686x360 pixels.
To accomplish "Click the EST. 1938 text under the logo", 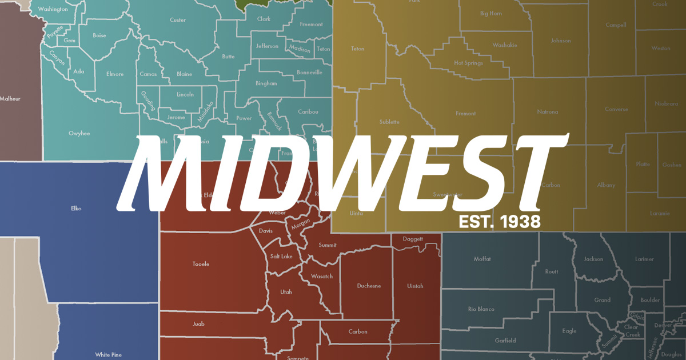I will click(x=499, y=221).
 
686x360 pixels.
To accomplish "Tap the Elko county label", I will click(x=76, y=209).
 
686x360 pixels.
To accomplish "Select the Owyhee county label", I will click(x=79, y=133).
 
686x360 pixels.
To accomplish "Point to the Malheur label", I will click(x=10, y=99).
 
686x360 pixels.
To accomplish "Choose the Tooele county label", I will click(x=201, y=264).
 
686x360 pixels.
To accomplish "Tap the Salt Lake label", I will click(x=281, y=257).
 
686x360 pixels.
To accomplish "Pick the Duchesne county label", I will click(x=369, y=286).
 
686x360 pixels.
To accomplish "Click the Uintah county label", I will click(x=415, y=286).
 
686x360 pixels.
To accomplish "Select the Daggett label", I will click(x=413, y=239).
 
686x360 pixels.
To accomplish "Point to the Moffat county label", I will click(x=482, y=259).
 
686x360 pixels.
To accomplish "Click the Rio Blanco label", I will click(x=480, y=309).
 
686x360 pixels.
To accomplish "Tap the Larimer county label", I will click(x=644, y=259).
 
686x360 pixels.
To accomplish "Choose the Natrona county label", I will click(x=547, y=111).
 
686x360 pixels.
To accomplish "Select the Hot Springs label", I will click(x=468, y=63).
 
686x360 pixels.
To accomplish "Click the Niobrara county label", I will click(x=666, y=104).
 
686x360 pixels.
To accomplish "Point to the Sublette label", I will click(x=389, y=122).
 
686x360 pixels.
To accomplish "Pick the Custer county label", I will click(x=178, y=20).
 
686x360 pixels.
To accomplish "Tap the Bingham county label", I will click(x=266, y=83).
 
